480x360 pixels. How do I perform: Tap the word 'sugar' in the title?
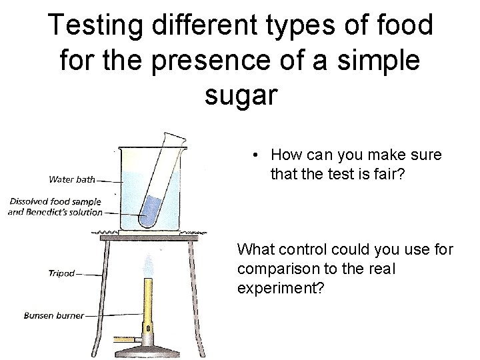pos(239,95)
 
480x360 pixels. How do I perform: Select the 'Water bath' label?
pos(71,179)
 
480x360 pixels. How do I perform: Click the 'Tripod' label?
pos(63,273)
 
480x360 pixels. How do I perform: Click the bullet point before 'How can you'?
pos(255,155)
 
